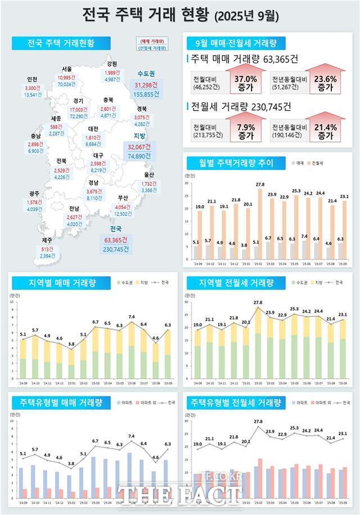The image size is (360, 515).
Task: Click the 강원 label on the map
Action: coord(111,64)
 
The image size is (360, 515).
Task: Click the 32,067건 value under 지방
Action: coord(146,147)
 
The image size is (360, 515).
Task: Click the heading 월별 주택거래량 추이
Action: coord(236,163)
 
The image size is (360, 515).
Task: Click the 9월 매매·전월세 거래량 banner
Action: coord(235,43)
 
